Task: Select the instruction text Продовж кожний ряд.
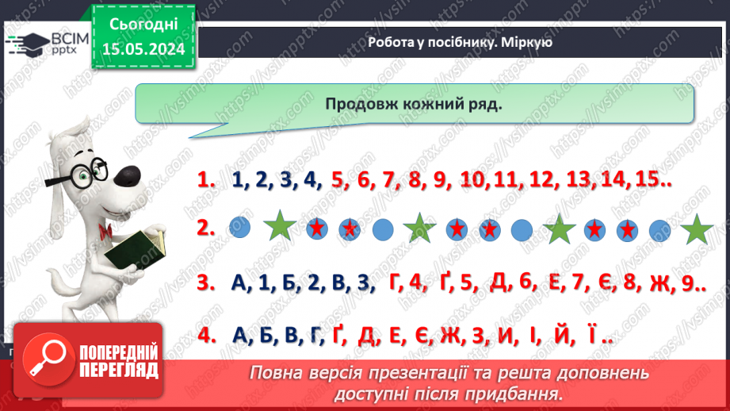click(413, 106)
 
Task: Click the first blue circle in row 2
click(239, 229)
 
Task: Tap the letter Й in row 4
click(563, 336)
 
